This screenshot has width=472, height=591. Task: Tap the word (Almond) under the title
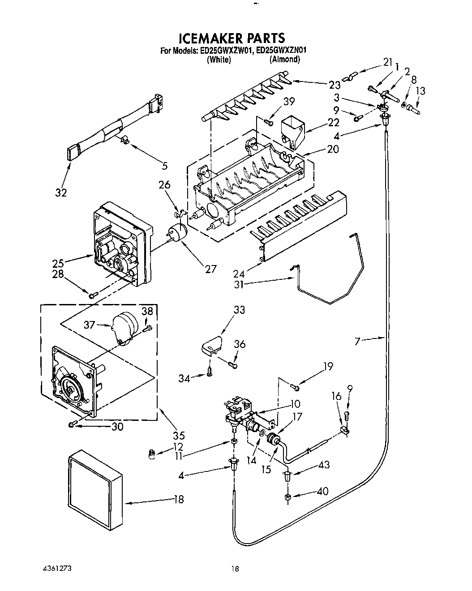tap(284, 60)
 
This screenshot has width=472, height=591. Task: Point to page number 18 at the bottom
tap(235, 569)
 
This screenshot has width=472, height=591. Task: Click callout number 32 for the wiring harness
tap(61, 193)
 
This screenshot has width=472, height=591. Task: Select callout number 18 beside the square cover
tap(178, 500)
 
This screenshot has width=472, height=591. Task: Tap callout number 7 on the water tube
tap(357, 342)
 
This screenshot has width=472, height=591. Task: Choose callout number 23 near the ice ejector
tap(334, 85)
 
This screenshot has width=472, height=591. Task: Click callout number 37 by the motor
tap(89, 324)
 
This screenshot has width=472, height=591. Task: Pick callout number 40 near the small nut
tap(322, 491)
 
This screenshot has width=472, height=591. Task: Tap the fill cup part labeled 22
tap(292, 128)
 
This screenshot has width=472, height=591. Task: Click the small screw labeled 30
tap(73, 424)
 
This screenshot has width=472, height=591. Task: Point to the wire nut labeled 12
tap(153, 455)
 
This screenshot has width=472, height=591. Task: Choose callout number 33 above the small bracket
tap(239, 310)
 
